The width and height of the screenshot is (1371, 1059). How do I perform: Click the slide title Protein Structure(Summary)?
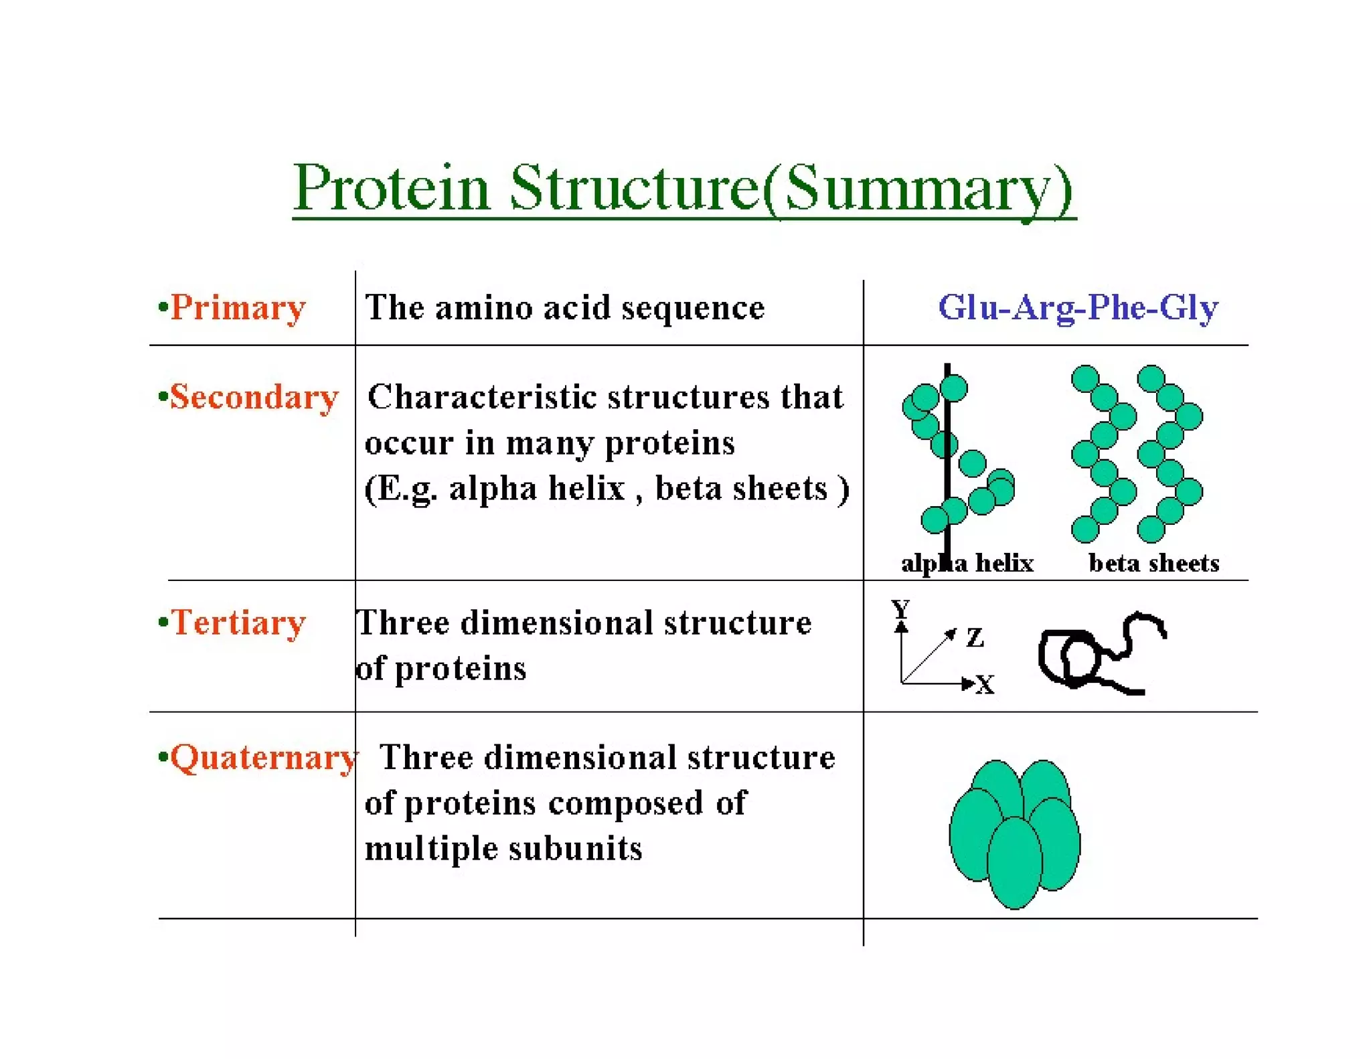pyautogui.click(x=683, y=188)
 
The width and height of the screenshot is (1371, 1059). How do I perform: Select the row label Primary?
pyautogui.click(x=238, y=309)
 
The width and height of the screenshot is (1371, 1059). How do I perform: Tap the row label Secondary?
pyautogui.click(x=254, y=397)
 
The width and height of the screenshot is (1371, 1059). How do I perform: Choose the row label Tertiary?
pyautogui.click(x=238, y=623)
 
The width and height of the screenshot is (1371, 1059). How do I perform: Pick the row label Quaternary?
pyautogui.click(x=262, y=758)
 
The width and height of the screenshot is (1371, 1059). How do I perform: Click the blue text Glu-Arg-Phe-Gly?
pyautogui.click(x=1078, y=308)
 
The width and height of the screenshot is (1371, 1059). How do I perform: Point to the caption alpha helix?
pyautogui.click(x=967, y=563)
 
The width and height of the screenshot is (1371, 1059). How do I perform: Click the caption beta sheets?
pyautogui.click(x=1153, y=563)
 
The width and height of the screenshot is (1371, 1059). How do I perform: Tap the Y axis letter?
pyautogui.click(x=900, y=608)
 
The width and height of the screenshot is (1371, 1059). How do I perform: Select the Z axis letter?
pyautogui.click(x=975, y=637)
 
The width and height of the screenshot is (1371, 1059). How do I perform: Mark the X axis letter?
pyautogui.click(x=985, y=685)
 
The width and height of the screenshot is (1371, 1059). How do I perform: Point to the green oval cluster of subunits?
pyautogui.click(x=1015, y=833)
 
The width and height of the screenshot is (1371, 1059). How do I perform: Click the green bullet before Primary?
pyautogui.click(x=162, y=307)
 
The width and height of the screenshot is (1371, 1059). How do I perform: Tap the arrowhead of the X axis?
pyautogui.click(x=967, y=683)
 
